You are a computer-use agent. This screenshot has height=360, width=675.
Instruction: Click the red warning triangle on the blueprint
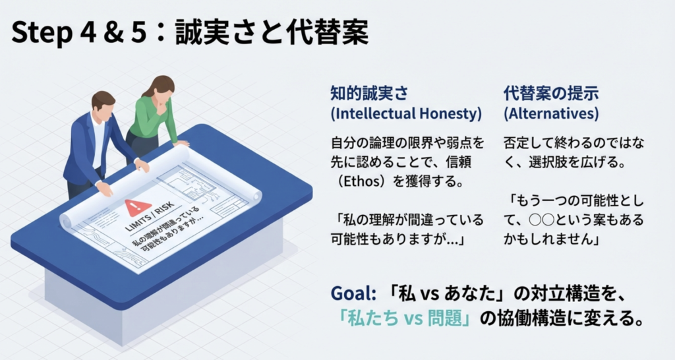pos(138,208)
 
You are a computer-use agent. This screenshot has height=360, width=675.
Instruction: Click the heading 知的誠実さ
pos(369,93)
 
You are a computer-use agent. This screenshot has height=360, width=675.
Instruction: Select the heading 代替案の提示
pos(551,93)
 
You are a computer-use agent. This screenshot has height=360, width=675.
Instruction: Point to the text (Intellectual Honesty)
pos(406,113)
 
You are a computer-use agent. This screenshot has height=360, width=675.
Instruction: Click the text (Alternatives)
pos(551,113)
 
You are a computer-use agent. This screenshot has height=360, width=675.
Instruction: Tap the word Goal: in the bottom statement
pos(353,293)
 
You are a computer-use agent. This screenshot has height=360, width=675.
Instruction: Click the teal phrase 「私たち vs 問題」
pos(404,318)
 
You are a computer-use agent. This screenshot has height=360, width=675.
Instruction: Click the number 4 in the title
pos(89,32)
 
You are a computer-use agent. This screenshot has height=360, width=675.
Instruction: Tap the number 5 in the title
pos(138,32)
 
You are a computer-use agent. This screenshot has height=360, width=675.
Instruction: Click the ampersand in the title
pos(113,32)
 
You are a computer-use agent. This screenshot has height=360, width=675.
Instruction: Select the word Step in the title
pos(42,34)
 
